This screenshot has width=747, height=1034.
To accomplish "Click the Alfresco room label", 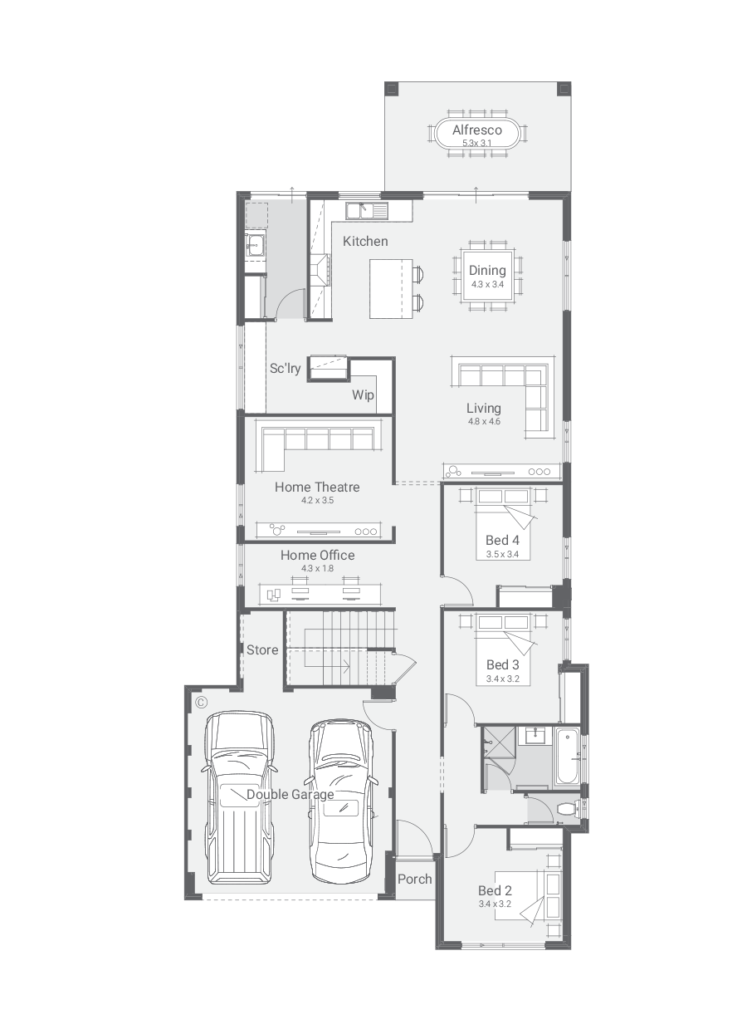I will tap(476, 130).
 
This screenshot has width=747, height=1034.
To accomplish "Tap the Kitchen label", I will tap(365, 242).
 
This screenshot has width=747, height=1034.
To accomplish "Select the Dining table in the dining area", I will tap(487, 275).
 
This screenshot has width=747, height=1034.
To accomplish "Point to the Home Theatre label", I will tap(317, 487).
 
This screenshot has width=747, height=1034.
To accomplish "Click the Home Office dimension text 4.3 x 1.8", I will tap(317, 568).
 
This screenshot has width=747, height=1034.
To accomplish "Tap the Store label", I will tap(262, 649).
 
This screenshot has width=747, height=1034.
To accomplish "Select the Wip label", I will tap(363, 394).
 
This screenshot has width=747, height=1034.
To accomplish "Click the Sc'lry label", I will tap(285, 369).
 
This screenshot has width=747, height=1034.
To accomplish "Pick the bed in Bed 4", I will tap(504, 525).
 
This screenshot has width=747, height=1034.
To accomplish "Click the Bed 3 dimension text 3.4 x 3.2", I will tap(502, 679).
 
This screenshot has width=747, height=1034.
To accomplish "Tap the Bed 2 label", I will tap(495, 891).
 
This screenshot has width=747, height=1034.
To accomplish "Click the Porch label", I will tap(414, 879).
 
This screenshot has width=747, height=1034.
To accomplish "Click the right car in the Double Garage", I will tap(340, 801).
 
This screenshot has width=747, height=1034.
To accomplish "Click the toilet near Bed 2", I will tap(568, 808).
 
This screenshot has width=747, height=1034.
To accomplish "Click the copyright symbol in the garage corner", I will tap(201, 703).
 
